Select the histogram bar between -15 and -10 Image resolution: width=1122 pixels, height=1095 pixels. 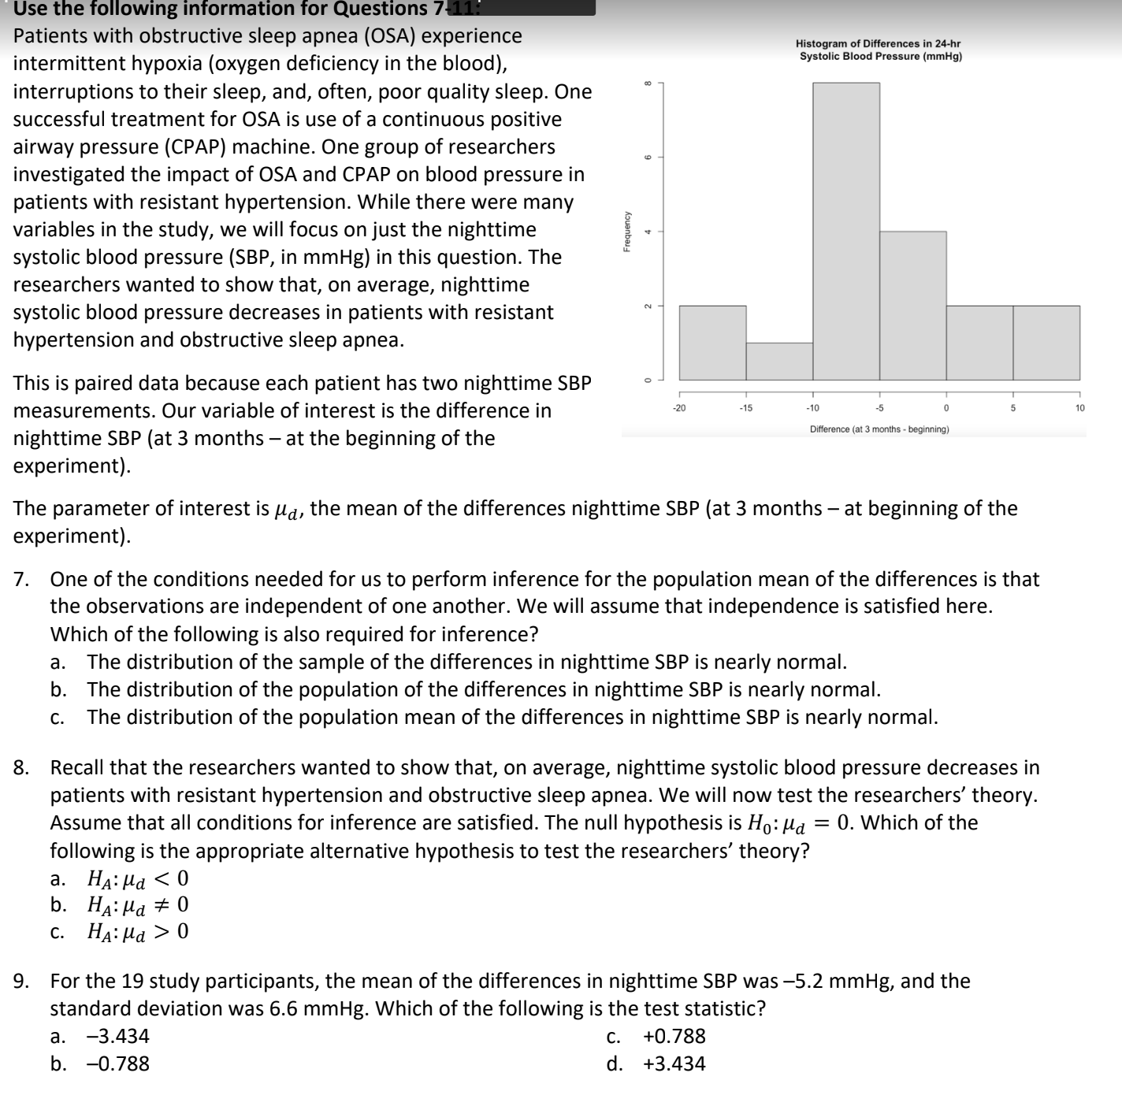tap(779, 362)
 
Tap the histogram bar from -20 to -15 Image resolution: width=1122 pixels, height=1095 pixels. tap(712, 343)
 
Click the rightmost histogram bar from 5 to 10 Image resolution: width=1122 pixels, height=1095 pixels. tap(1046, 343)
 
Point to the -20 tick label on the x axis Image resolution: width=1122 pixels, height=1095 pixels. tap(678, 408)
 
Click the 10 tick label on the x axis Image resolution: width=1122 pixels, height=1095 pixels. tap(1079, 408)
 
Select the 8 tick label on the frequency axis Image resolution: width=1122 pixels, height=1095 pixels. tap(648, 82)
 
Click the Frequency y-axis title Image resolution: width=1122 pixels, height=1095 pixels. tap(627, 231)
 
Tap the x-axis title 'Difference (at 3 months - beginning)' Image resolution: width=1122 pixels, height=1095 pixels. tap(879, 429)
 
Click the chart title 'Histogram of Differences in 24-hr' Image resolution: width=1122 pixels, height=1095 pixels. tap(878, 44)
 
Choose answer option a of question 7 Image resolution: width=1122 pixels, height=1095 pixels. tap(466, 662)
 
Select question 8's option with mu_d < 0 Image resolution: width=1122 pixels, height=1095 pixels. tap(138, 878)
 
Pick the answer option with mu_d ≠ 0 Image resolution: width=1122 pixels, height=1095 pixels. tap(138, 904)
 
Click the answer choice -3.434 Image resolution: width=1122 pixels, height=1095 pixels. tap(117, 1036)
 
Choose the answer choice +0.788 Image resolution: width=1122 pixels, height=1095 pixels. tap(674, 1036)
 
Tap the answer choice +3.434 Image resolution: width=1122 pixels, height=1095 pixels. tap(674, 1063)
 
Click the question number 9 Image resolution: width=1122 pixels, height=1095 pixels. tap(21, 981)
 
